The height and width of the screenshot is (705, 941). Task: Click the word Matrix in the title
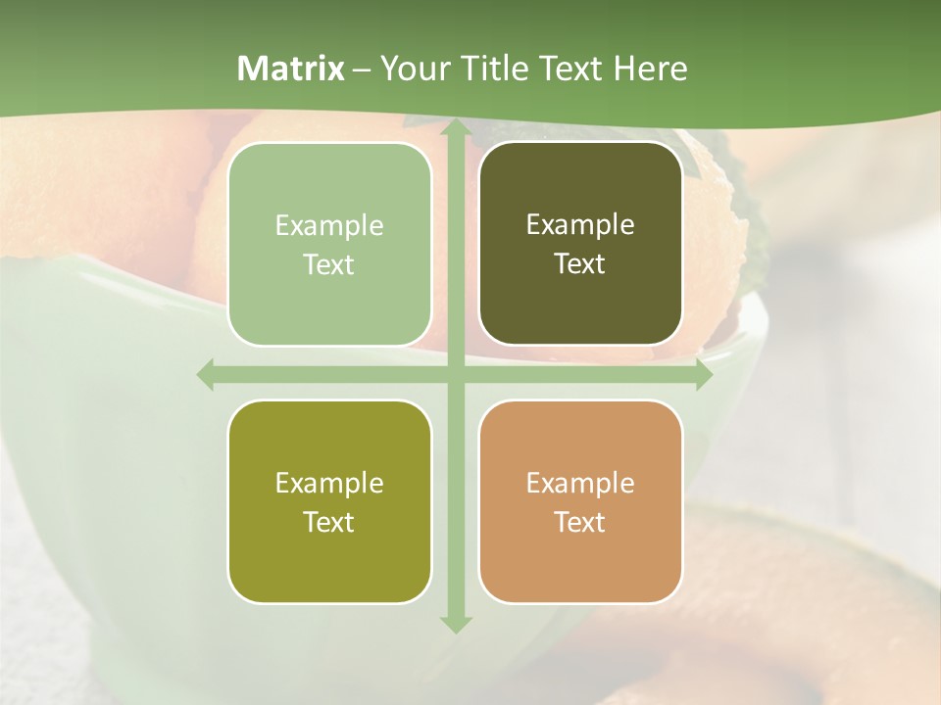[291, 69]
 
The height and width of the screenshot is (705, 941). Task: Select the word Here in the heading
[650, 69]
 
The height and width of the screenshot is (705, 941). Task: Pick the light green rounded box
[329, 245]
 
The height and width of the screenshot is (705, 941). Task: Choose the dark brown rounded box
[580, 244]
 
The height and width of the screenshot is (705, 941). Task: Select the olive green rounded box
[329, 501]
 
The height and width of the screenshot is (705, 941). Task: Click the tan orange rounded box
[580, 501]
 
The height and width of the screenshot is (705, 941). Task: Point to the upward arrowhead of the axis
[455, 128]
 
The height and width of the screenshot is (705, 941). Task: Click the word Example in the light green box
[329, 226]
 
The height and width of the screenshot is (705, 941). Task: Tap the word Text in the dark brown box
[580, 264]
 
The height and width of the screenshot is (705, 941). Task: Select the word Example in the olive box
[329, 483]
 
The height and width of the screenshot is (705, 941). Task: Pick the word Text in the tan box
[580, 522]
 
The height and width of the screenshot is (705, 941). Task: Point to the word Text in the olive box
[329, 522]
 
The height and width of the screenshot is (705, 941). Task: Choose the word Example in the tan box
[580, 483]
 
